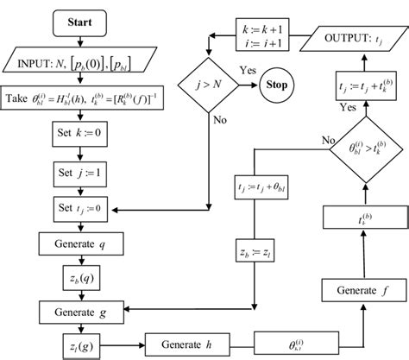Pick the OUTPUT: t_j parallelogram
[353, 40]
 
